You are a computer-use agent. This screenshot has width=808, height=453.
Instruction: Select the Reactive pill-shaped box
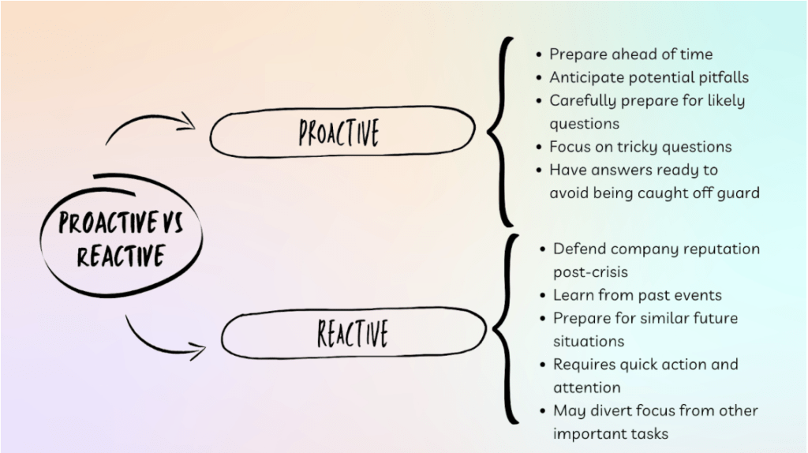point(353,333)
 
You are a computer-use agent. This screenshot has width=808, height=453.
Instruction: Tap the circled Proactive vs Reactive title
point(120,238)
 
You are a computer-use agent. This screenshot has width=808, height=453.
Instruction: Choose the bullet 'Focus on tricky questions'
point(640,147)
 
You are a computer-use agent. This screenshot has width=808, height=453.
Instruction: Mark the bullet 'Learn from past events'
point(637,295)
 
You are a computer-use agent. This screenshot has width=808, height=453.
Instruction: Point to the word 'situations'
point(589,341)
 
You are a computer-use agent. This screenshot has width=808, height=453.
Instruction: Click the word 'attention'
point(587,387)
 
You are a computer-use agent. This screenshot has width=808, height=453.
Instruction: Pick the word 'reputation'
point(721,249)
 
